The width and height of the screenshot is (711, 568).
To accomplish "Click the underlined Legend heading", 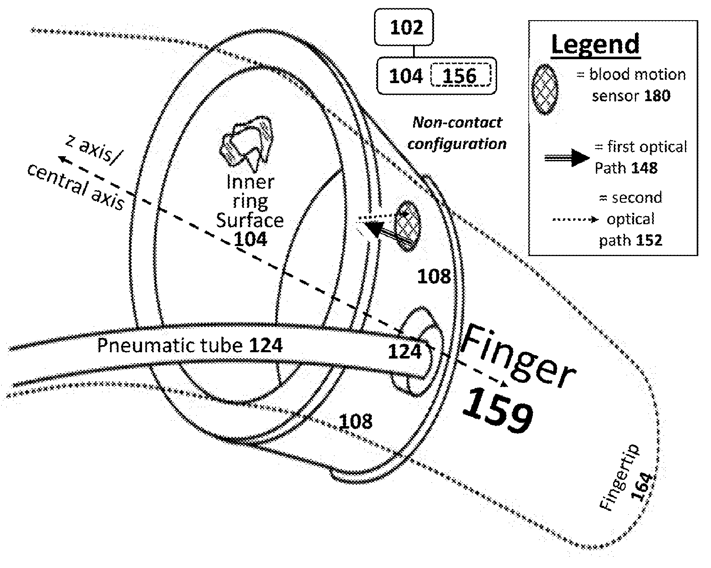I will (x=595, y=44).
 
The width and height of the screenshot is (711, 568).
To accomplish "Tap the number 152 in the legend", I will (x=648, y=241).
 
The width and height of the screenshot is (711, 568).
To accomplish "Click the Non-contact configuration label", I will (x=457, y=133).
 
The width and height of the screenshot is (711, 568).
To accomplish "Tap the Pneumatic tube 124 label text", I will (x=190, y=346).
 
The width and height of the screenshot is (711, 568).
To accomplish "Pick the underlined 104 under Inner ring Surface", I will (x=250, y=239).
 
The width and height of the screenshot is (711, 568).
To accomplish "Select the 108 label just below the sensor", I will (x=434, y=277).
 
